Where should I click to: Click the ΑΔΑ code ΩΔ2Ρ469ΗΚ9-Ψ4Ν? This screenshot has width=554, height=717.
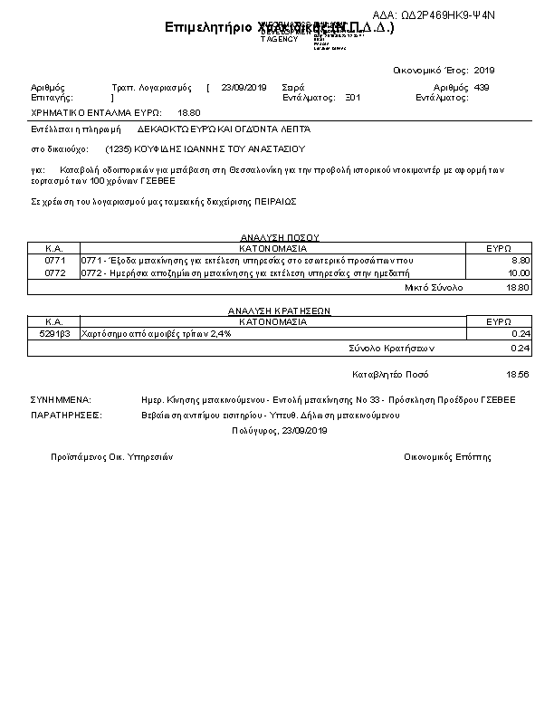pyautogui.click(x=434, y=15)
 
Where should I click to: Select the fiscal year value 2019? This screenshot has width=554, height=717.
pyautogui.click(x=484, y=70)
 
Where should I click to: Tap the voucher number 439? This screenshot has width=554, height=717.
pyautogui.click(x=482, y=88)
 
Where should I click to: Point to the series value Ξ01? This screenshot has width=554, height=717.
pyautogui.click(x=353, y=97)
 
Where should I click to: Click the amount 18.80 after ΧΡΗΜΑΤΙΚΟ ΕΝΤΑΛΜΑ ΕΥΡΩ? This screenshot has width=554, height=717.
pyautogui.click(x=189, y=112)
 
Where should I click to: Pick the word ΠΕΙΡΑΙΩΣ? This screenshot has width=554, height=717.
pyautogui.click(x=275, y=201)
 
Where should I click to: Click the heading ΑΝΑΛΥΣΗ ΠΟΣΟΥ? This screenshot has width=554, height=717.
pyautogui.click(x=273, y=238)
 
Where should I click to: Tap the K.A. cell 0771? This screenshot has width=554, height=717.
pyautogui.click(x=53, y=260)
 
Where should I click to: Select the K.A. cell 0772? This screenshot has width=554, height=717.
pyautogui.click(x=53, y=272)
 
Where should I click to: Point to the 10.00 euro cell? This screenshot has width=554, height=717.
pyautogui.click(x=518, y=272)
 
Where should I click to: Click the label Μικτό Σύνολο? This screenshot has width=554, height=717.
pyautogui.click(x=434, y=287)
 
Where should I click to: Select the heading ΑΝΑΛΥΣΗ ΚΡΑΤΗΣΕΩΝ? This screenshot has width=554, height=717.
pyautogui.click(x=273, y=311)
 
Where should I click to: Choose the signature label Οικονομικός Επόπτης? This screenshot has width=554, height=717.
pyautogui.click(x=447, y=457)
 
